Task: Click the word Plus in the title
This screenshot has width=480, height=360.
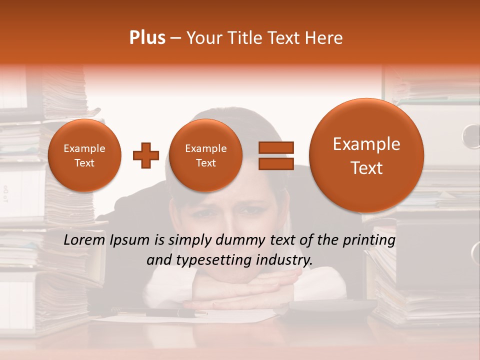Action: pos(147,38)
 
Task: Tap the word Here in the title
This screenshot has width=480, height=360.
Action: pos(325,38)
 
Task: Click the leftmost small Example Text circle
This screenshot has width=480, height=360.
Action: pos(84,155)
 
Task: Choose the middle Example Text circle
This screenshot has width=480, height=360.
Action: pos(205,155)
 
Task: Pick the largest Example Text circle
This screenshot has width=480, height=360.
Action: pos(366,155)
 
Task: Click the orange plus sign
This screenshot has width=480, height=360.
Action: pos(145,155)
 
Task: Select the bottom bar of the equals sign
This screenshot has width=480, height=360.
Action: pos(275,163)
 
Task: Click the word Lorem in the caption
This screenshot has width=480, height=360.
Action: pos(83,240)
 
